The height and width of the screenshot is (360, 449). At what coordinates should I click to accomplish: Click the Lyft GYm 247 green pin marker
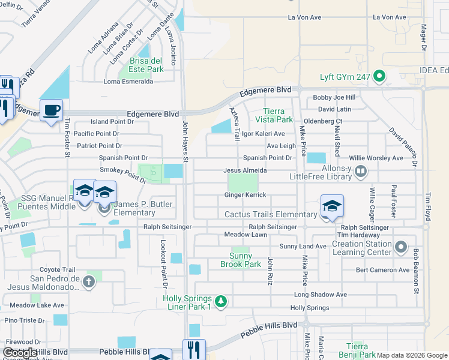tap(379, 76)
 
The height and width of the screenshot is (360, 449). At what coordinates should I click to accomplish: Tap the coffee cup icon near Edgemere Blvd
tap(51, 110)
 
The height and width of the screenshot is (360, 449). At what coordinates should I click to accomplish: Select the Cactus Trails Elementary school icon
tap(332, 206)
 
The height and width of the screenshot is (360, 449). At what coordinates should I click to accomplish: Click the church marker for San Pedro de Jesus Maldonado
tap(89, 281)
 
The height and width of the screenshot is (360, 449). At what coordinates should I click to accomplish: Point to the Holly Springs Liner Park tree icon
tap(221, 301)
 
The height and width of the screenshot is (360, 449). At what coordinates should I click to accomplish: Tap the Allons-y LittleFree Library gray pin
tap(361, 172)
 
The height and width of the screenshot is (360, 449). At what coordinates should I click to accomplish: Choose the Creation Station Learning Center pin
tap(401, 246)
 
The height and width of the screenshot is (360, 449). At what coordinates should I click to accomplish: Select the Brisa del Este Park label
tap(146, 65)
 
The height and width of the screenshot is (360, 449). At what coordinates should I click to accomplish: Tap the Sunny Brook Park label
tap(240, 260)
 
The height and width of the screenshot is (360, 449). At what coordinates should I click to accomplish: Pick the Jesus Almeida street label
tap(245, 170)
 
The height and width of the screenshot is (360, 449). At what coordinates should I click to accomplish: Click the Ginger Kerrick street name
tap(245, 195)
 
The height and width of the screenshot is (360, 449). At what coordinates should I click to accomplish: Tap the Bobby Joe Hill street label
tap(334, 97)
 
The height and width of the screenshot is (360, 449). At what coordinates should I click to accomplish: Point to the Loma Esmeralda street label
tap(128, 82)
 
